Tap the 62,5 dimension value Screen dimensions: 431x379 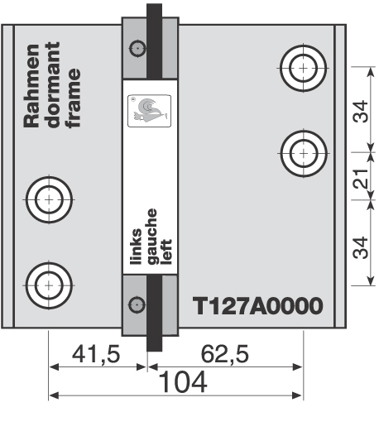[x=226, y=354]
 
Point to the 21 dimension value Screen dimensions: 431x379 [x=361, y=177]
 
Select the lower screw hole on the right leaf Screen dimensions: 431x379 [x=304, y=151]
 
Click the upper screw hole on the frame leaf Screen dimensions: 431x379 [x=49, y=199]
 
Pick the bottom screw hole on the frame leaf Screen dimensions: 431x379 [x=49, y=284]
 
